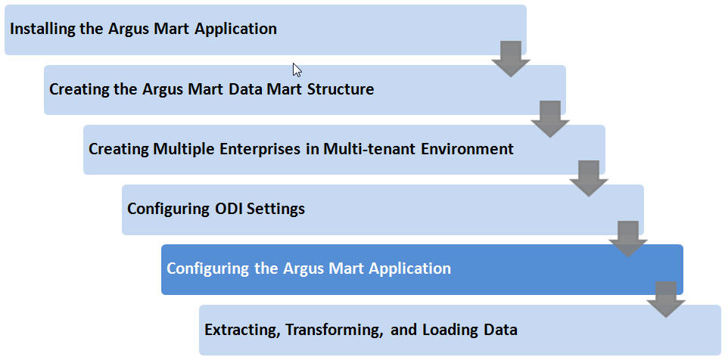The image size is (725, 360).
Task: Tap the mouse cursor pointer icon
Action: click(297, 70)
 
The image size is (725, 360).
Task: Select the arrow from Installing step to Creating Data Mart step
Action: click(511, 58)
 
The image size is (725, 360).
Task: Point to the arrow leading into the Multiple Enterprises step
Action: click(550, 118)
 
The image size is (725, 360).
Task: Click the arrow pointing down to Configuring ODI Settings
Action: click(589, 178)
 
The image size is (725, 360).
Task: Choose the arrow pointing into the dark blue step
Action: click(628, 238)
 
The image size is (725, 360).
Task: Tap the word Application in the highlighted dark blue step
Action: click(409, 268)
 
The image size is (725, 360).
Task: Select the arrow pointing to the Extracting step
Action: click(666, 298)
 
